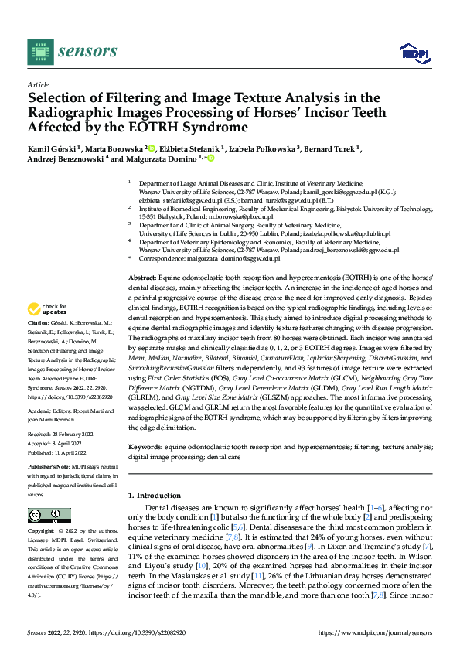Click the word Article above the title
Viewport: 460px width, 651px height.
[x=36, y=84]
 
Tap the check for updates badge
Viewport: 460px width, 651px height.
[x=48, y=331]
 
